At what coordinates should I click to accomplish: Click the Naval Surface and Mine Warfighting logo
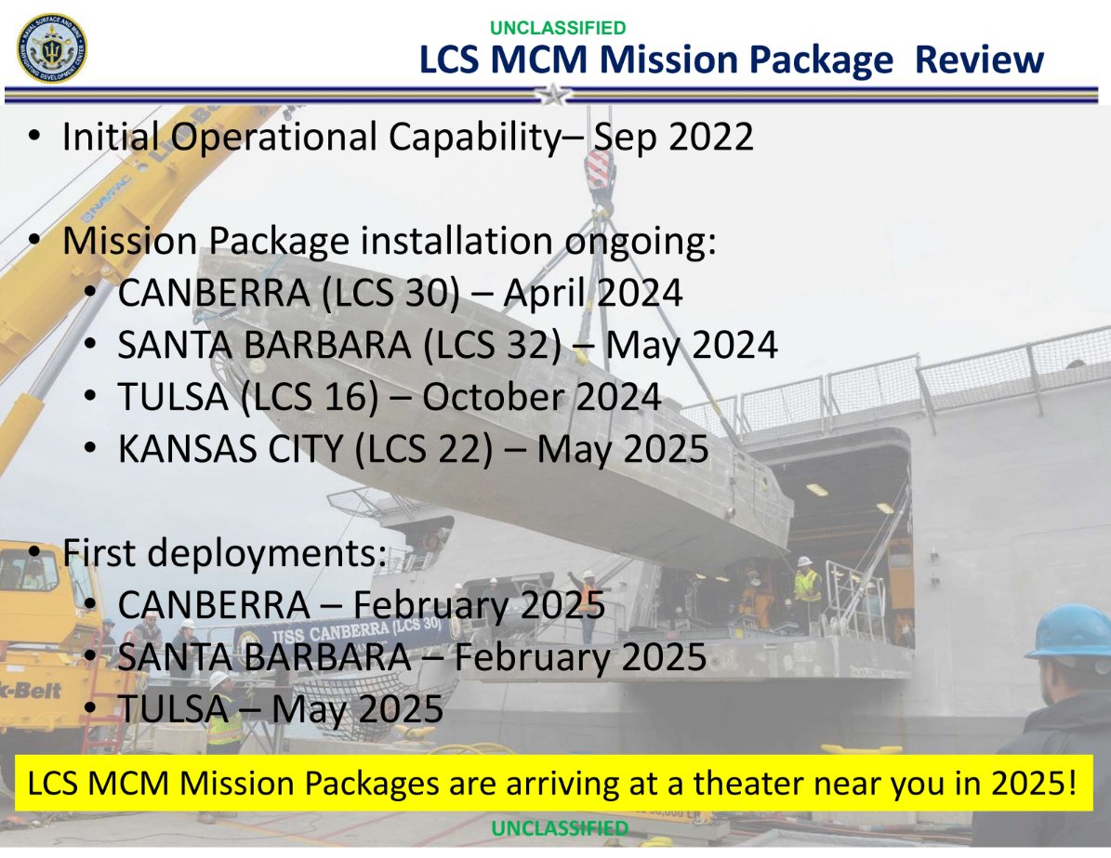point(51,48)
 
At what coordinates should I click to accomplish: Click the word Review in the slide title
point(978,59)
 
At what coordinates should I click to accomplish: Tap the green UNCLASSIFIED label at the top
point(558,28)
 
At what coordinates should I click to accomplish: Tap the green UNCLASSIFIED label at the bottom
point(559,828)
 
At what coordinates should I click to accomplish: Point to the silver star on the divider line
point(553,94)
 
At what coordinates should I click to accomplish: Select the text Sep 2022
point(673,137)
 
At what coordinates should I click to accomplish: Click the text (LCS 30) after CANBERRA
point(390,294)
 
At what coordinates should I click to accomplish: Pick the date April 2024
point(593,294)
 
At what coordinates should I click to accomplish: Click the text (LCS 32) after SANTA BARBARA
point(493,345)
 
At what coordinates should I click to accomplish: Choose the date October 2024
point(541,397)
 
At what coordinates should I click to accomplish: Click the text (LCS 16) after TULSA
point(310,397)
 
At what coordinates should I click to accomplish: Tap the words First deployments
point(225,553)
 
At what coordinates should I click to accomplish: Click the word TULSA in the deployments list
point(173,708)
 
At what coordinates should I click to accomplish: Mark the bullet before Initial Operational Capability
point(34,136)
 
